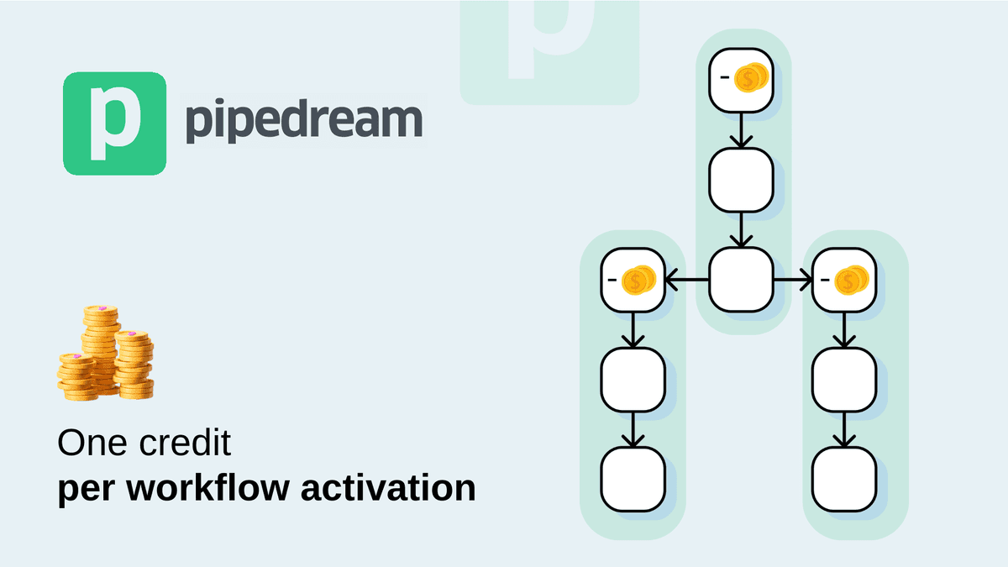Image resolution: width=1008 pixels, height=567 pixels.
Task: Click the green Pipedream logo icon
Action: point(114,123)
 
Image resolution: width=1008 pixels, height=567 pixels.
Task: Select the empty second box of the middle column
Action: point(740,180)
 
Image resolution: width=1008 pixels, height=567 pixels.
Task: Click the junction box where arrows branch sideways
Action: point(740,279)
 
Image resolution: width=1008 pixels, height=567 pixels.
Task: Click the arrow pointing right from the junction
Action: point(793,280)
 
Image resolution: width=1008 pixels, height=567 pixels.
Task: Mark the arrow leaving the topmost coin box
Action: point(740,130)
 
